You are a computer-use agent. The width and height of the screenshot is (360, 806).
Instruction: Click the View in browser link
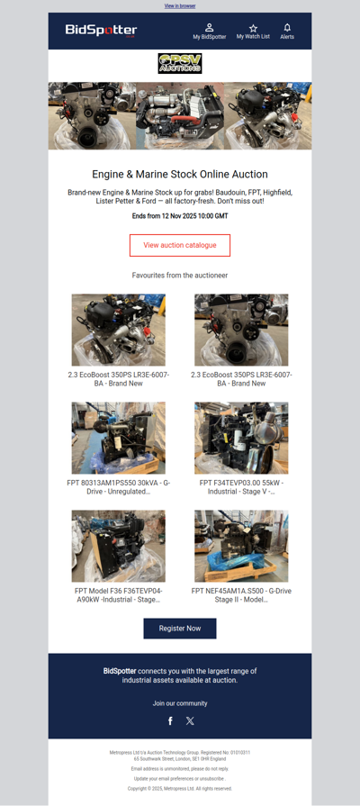180,5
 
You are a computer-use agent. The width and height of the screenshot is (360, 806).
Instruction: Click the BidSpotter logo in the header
101,31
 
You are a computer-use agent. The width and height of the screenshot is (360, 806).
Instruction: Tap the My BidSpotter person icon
209,28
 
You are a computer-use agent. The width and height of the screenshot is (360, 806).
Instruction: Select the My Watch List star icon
253,28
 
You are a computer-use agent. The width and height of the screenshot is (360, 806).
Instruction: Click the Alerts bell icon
287,28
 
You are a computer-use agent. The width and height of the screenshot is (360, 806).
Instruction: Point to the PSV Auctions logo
180,64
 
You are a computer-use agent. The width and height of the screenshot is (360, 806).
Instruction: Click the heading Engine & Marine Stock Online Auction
180,174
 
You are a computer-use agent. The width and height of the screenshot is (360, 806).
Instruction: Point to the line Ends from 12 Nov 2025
180,216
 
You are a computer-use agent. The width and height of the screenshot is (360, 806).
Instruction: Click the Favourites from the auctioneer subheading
180,275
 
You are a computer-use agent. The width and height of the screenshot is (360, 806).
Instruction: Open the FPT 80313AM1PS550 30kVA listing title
119,487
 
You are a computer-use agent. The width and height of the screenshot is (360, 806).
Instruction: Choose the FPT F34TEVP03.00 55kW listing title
241,487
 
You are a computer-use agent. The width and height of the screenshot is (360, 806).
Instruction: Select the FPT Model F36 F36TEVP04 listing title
119,594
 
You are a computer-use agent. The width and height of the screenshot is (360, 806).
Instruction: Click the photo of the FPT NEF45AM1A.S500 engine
241,547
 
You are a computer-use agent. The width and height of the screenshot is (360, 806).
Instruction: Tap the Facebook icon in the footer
170,720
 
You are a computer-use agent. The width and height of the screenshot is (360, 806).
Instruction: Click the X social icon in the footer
190,720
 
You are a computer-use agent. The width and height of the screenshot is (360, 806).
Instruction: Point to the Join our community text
180,702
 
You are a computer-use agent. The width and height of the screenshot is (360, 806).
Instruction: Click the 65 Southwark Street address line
180,758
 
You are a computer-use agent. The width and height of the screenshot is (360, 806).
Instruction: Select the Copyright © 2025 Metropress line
180,788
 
